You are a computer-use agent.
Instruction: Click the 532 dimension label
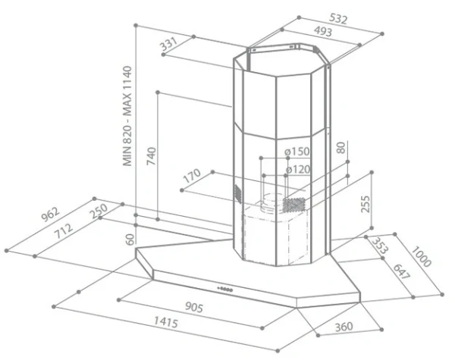click(338, 19)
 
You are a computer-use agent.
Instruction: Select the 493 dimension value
click(323, 32)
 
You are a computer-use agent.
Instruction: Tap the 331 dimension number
click(168, 45)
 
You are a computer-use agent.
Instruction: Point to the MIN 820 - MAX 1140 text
click(127, 116)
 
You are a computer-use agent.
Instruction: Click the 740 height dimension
click(151, 156)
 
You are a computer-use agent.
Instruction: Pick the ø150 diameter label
click(297, 152)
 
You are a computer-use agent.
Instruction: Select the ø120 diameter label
click(298, 169)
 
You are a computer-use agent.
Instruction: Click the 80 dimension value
click(341, 148)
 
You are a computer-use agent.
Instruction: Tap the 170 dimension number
click(192, 176)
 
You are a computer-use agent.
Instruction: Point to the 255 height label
click(366, 204)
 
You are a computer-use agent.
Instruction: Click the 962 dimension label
click(51, 214)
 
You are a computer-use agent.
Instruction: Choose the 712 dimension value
click(64, 230)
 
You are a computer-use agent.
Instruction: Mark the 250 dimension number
click(99, 211)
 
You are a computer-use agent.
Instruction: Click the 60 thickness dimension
click(130, 239)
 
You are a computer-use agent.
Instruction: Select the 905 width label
click(194, 308)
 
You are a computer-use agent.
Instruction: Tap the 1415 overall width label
click(165, 322)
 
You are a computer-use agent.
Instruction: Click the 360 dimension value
click(344, 327)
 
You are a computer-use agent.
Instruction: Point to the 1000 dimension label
click(421, 256)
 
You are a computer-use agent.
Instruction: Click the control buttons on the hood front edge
click(225, 289)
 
